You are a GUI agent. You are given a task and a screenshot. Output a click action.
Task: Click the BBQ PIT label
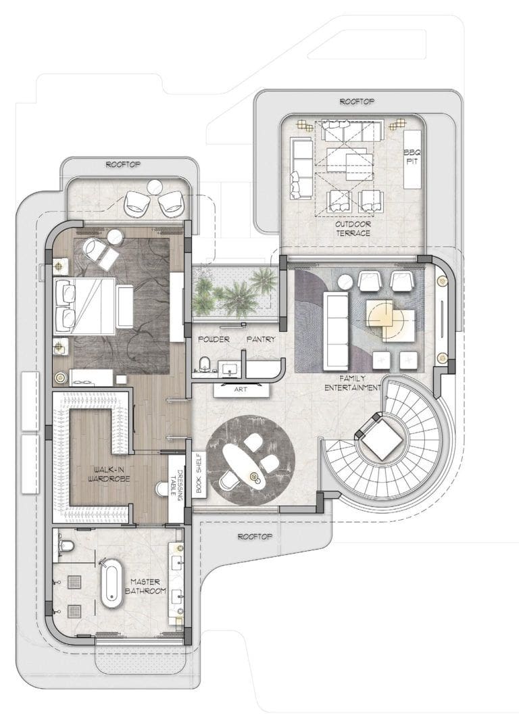412,157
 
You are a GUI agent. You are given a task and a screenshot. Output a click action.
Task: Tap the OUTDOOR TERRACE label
353,228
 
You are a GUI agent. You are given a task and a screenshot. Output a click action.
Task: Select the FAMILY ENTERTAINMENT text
353,383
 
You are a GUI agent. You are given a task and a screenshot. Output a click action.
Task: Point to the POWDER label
214,339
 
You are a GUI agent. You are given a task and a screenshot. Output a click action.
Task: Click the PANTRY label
261,339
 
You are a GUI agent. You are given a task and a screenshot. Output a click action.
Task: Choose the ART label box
241,390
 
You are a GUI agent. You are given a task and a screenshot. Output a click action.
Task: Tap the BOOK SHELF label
199,475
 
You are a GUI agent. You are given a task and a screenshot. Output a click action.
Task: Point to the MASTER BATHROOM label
145,587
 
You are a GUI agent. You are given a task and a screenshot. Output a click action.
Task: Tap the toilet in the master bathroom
66,546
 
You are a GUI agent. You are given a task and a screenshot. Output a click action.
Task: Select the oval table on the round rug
243,465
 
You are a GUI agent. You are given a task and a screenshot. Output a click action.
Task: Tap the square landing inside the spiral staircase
379,437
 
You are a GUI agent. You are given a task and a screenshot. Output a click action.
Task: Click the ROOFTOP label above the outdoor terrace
357,101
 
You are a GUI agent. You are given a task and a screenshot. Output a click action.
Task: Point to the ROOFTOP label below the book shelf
255,537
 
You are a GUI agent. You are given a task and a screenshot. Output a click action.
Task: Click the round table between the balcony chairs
154,187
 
